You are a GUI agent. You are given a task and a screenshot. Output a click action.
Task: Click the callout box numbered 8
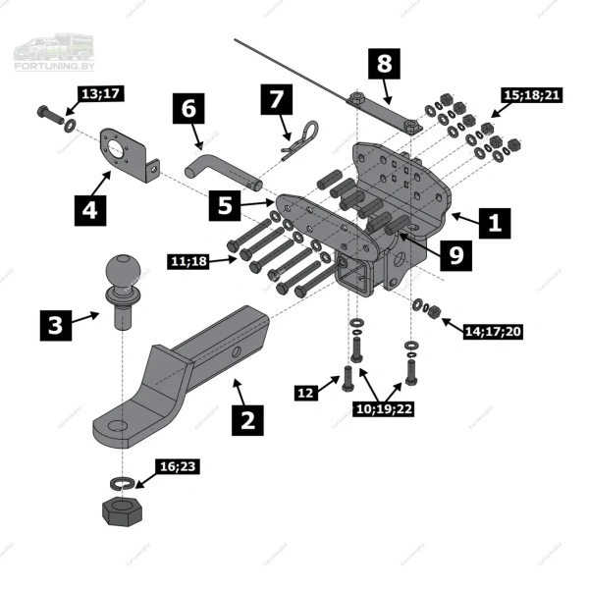coord(384,64)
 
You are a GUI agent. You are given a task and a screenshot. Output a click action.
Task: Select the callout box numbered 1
coord(495,223)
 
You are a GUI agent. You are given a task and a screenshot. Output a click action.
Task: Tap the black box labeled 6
coord(188,108)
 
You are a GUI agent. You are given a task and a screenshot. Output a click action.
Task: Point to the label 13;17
coord(101,94)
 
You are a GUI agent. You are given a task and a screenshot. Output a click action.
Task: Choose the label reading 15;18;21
coord(532,95)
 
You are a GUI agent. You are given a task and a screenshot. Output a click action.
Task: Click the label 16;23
coord(178,466)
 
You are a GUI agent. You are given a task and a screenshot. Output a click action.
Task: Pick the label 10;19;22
coord(384,408)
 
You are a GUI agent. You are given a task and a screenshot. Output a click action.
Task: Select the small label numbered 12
coord(305,393)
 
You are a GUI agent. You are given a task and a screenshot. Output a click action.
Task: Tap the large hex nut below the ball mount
coord(122,511)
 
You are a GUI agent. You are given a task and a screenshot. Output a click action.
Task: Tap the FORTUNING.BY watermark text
coord(54,66)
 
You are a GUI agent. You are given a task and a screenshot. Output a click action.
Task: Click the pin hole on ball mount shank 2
coord(237,352)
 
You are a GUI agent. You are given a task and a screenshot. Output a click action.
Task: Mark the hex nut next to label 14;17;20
coord(435,311)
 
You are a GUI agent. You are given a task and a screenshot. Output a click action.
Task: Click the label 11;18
coord(188,261)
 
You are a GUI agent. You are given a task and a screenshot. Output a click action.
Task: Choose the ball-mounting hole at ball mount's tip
coord(118,426)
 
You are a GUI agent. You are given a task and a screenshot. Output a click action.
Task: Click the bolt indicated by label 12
coord(348,378)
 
